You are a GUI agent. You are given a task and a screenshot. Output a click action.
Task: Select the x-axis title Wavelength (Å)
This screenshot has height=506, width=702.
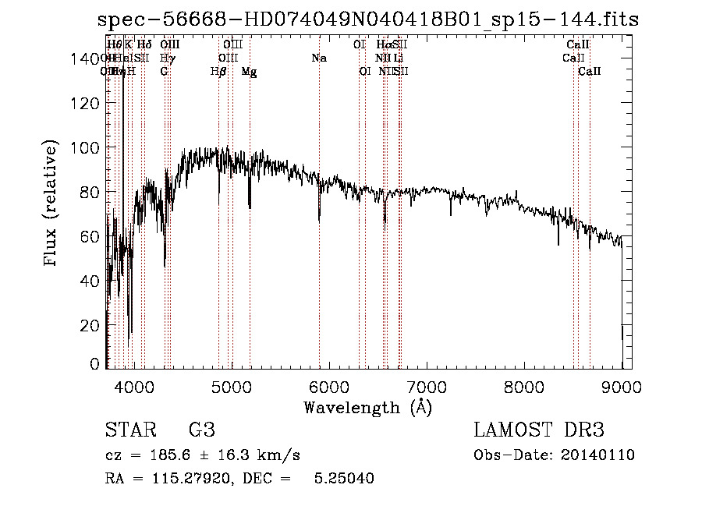(x=367, y=407)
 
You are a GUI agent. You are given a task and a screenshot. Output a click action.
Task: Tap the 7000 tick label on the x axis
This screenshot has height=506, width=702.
(x=427, y=386)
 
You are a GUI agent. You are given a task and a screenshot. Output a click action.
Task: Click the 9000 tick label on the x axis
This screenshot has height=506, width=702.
(x=622, y=386)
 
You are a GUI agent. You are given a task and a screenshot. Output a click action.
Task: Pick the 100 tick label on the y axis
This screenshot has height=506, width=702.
(x=88, y=147)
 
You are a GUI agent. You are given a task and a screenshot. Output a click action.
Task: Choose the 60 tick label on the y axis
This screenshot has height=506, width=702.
(x=92, y=236)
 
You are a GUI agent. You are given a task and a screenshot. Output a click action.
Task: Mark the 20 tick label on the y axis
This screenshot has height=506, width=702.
(x=92, y=325)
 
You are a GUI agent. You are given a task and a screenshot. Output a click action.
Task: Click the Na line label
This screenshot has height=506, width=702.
(x=318, y=58)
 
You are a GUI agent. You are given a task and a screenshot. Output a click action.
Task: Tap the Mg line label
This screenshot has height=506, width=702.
(x=250, y=72)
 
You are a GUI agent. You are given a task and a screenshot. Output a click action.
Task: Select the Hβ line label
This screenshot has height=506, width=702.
(x=219, y=72)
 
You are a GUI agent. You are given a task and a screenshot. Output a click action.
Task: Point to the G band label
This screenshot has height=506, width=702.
(x=164, y=72)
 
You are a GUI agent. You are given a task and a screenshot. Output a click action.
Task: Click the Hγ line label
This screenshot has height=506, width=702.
(x=168, y=58)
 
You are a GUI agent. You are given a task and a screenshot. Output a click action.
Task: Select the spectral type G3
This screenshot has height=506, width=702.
(x=201, y=430)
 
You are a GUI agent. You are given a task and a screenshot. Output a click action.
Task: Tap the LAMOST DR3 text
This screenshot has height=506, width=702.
(x=539, y=430)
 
